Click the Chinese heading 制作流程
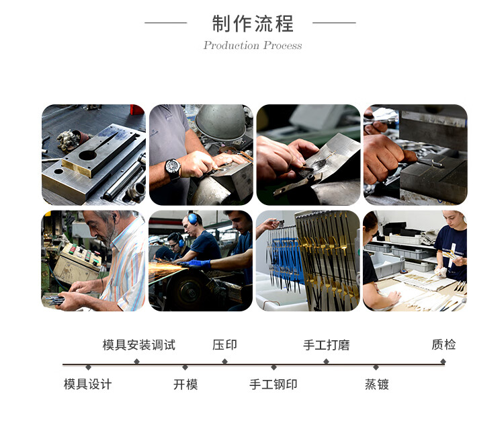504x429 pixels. pyautogui.click(x=253, y=24)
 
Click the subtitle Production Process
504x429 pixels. pyautogui.click(x=253, y=45)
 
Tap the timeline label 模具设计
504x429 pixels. pyautogui.click(x=88, y=385)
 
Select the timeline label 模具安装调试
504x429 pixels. pyautogui.click(x=139, y=345)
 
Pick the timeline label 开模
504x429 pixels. pyautogui.click(x=185, y=385)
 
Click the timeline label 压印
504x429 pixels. pyautogui.click(x=224, y=345)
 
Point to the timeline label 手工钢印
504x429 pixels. pyautogui.click(x=274, y=385)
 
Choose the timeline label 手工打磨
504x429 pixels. pyautogui.click(x=326, y=345)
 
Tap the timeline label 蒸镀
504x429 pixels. pyautogui.click(x=377, y=385)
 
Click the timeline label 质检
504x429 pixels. pyautogui.click(x=444, y=344)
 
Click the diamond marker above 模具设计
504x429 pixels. pyautogui.click(x=89, y=367)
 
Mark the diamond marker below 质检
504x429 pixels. pyautogui.click(x=443, y=362)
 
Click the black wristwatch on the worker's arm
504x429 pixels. pyautogui.click(x=173, y=168)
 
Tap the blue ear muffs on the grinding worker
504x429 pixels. pyautogui.click(x=193, y=219)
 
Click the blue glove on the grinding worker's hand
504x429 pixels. pyautogui.click(x=196, y=264)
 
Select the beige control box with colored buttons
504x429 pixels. pyautogui.click(x=77, y=262)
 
